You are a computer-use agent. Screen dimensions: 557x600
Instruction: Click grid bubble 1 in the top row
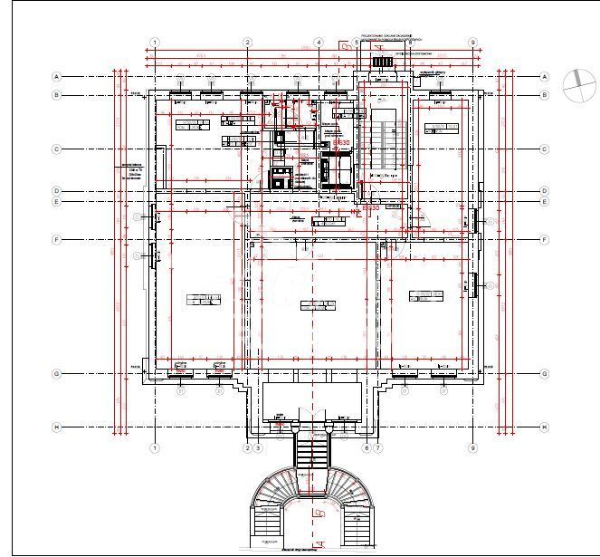coord(155,43)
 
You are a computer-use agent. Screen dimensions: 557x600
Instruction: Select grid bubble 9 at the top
coord(472,43)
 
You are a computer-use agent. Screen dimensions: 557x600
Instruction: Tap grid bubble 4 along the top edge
coord(319,43)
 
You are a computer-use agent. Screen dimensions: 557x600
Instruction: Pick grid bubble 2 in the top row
coord(248,43)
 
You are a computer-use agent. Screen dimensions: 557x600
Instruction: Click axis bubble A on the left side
coord(56,77)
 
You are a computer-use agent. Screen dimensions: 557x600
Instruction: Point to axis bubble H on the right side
coord(544,427)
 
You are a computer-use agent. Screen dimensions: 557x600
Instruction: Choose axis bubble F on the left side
coord(56,240)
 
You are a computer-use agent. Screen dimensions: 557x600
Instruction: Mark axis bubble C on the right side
coord(544,149)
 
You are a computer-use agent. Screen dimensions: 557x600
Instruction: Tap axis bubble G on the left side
coord(56,373)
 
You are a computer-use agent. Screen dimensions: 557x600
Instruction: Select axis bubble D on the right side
coord(544,191)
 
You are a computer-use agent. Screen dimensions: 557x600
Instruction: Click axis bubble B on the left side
coord(56,95)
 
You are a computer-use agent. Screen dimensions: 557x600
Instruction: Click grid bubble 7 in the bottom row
coord(378,447)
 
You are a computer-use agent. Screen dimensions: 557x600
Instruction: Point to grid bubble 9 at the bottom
coord(472,447)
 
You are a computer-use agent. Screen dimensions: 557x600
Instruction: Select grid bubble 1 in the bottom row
coord(155,447)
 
